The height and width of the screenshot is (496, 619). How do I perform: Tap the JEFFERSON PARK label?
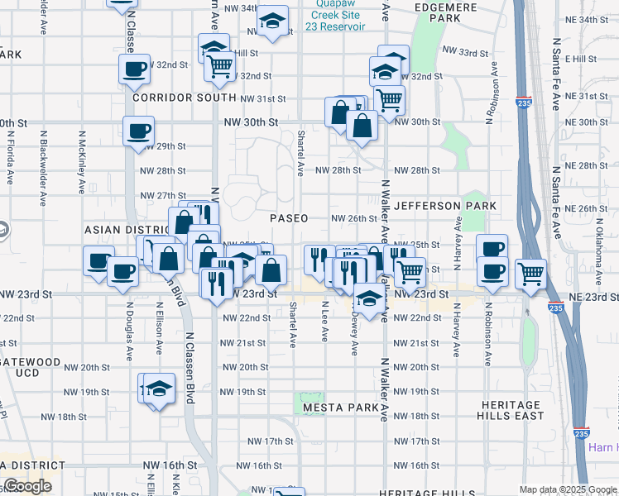445,205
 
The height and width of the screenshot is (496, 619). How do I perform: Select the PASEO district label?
289,218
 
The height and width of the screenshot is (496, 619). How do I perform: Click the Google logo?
26,486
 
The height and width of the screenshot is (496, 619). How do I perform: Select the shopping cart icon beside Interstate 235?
530,273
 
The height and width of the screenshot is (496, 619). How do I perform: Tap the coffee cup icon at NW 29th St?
138,130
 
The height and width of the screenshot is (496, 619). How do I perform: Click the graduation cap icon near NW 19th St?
158,389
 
